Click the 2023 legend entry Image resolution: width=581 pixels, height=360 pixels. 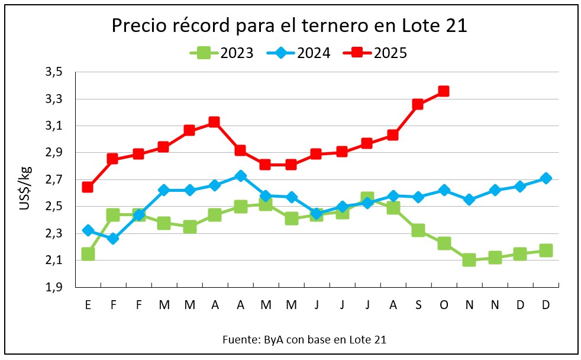point(222,53)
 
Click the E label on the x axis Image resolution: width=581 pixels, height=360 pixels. point(88,305)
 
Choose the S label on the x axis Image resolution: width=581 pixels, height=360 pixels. point(418,305)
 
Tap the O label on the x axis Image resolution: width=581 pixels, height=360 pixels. point(444,305)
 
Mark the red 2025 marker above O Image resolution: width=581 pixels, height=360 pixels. point(444,91)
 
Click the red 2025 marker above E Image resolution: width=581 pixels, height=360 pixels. point(88,187)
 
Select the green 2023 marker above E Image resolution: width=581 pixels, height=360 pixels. point(88,254)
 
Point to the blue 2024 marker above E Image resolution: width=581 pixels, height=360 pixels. point(88,230)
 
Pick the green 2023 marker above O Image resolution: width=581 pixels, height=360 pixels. point(444,243)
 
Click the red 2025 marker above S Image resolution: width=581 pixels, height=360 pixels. point(418,105)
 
